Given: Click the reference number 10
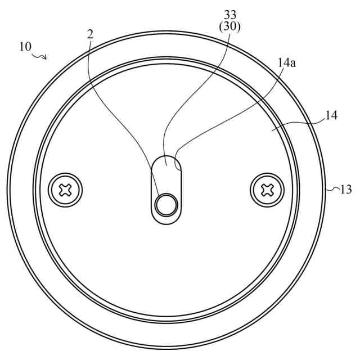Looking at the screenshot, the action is (25, 47).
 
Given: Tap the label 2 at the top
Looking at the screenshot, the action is (91, 34).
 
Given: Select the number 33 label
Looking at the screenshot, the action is (230, 15).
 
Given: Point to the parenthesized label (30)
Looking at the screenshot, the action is (230, 27).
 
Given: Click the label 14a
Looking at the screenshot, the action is (287, 62).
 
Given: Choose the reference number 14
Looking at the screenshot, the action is (330, 115).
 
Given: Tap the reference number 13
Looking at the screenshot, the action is (345, 190).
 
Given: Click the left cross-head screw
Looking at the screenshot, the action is (65, 190).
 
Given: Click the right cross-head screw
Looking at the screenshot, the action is (267, 190).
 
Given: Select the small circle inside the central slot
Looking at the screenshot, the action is (166, 204).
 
